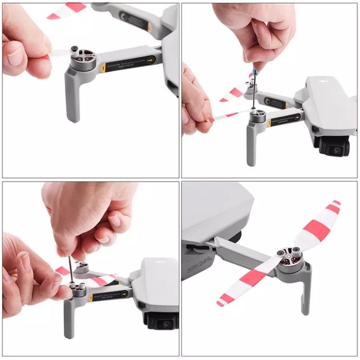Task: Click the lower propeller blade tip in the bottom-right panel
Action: point(223,301)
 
